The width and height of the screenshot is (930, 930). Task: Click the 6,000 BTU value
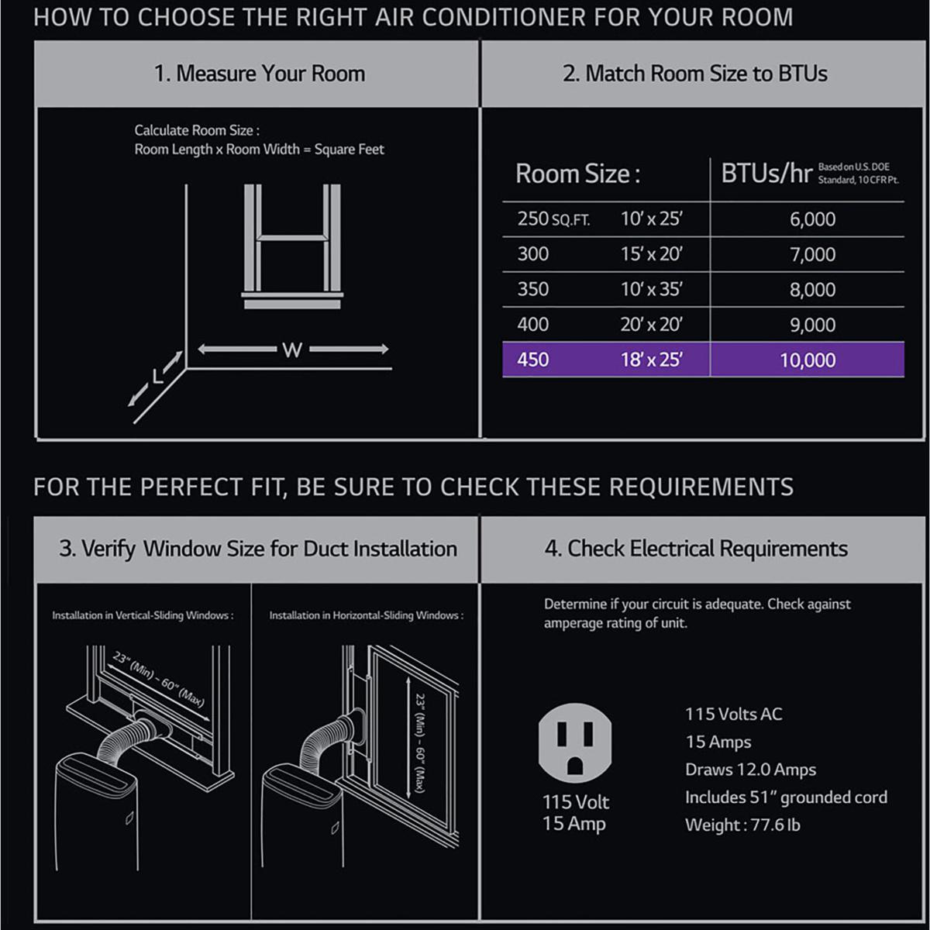(x=812, y=219)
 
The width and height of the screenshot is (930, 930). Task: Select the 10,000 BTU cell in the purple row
(x=808, y=360)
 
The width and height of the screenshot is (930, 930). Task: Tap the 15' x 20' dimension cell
(x=652, y=254)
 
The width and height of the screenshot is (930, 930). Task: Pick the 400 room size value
(x=532, y=324)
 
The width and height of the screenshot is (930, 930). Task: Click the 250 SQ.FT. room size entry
(x=553, y=219)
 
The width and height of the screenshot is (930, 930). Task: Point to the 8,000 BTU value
(x=812, y=290)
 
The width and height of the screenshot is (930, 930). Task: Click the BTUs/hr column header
(x=767, y=174)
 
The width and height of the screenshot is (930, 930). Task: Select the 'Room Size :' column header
(x=577, y=174)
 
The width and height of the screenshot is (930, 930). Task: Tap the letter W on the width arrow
(x=292, y=350)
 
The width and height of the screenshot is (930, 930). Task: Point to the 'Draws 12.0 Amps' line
(x=750, y=770)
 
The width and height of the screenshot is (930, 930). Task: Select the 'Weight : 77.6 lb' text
(x=742, y=825)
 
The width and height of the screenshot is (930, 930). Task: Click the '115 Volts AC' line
(x=734, y=715)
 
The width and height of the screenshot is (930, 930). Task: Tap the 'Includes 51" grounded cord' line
(x=786, y=797)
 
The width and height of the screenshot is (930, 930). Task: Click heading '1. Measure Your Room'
(x=260, y=74)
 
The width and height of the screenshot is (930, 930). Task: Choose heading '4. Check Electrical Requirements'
(x=696, y=549)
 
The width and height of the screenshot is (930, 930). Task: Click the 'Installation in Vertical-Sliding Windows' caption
(x=143, y=615)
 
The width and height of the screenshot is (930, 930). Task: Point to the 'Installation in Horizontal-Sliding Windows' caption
(x=367, y=615)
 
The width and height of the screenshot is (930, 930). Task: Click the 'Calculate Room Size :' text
(x=197, y=130)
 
